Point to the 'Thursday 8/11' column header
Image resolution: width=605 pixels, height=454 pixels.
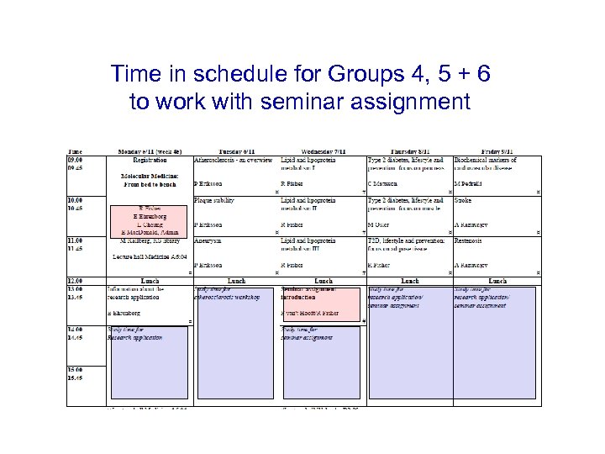pos(410,150)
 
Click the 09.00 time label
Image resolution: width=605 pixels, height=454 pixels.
pos(76,159)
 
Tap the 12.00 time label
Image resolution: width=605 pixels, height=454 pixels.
pos(76,281)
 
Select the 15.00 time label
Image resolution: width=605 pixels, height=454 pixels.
pos(76,369)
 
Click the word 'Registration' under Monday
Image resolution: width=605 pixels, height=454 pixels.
pos(150,159)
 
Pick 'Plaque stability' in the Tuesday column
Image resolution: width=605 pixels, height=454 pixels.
pos(214,200)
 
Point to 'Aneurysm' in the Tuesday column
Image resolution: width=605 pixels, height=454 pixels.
pos(208,240)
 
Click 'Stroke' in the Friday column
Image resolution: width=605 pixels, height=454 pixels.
pos(463,200)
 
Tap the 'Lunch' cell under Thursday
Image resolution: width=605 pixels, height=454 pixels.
pos(410,281)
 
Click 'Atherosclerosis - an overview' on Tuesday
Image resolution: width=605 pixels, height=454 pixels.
pos(233,159)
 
